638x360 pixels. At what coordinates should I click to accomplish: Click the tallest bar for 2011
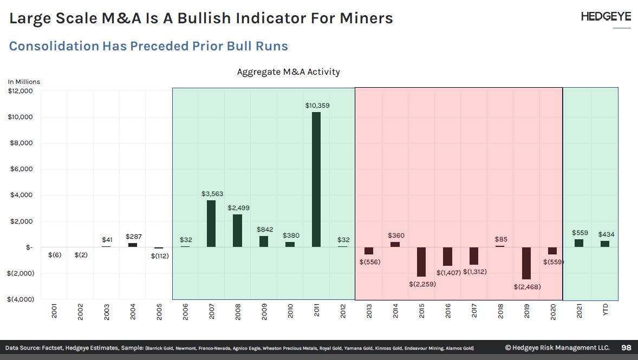click(316, 179)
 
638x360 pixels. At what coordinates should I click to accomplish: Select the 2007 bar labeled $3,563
click(211, 224)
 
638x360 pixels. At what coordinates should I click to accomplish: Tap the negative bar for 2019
click(526, 263)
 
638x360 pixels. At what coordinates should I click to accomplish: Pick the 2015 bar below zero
click(421, 261)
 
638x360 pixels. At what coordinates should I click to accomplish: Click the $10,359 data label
click(317, 106)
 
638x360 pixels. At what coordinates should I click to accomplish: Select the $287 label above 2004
click(133, 237)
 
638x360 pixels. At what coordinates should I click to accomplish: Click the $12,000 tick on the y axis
click(20, 91)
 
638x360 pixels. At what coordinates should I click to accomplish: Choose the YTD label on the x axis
click(606, 312)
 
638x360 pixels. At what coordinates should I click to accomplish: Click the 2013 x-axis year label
click(369, 312)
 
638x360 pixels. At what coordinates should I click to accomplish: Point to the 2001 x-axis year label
click(54, 312)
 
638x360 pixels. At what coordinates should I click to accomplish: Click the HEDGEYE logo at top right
click(606, 17)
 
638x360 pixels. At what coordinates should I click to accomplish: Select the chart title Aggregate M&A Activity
click(288, 72)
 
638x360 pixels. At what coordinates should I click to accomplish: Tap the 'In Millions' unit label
click(24, 82)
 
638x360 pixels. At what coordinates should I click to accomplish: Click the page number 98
click(626, 348)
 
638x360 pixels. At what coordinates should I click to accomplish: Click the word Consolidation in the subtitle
click(54, 46)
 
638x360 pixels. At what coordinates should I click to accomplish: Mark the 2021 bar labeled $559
click(579, 243)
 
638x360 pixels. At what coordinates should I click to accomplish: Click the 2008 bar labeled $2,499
click(237, 231)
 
